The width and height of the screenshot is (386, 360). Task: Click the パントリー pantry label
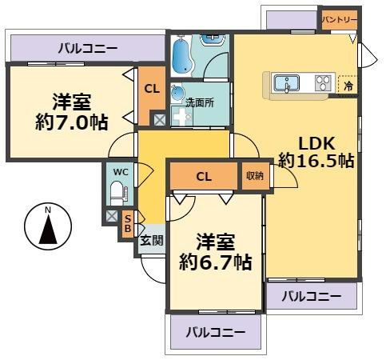pos(339,19)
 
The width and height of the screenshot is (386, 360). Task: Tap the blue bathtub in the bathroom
pos(182,56)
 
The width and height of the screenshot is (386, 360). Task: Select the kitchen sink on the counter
pos(287,83)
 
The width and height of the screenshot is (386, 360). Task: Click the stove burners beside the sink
pos(323,83)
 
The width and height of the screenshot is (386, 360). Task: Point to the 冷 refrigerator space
pos(348,85)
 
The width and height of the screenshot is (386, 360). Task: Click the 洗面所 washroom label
pos(200,102)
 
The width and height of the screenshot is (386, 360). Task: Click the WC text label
pos(121,172)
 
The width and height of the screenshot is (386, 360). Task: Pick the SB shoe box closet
pos(128,224)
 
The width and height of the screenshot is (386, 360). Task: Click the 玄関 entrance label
pos(152,241)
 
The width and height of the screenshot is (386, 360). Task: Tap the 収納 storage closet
pos(255,176)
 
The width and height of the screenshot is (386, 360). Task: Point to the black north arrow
pos(48,230)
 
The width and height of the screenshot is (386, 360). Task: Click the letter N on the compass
pos(48,210)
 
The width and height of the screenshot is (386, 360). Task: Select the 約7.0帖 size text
pos(72,122)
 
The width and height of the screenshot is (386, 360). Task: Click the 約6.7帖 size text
pos(215,262)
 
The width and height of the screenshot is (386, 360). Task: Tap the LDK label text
pos(316,143)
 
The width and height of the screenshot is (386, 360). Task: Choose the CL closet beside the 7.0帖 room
pos(152,90)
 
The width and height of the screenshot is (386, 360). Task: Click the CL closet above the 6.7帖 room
pos(204,177)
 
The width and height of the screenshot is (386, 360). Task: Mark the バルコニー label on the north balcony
pos(88,49)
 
